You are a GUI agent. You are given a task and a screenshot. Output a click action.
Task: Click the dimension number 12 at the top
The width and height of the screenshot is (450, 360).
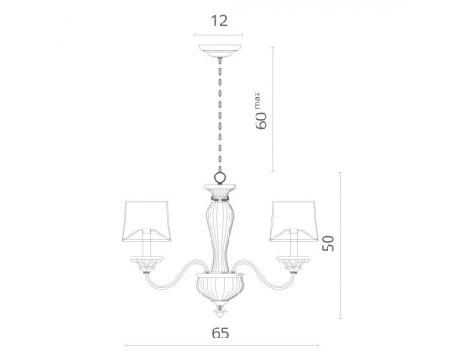[x=220, y=22]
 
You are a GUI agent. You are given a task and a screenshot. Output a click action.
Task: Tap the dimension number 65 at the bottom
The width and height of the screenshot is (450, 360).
[x=220, y=333]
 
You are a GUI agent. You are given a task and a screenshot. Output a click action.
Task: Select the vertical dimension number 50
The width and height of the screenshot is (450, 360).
[x=328, y=243]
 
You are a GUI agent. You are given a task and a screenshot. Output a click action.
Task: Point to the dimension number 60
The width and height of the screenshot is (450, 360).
[x=261, y=121]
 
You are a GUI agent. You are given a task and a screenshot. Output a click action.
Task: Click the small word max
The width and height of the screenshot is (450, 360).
[x=257, y=101]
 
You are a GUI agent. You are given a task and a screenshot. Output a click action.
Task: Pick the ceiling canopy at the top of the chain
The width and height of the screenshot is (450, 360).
[x=220, y=50]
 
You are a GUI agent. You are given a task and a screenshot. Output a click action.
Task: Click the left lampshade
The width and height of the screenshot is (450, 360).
[x=147, y=221]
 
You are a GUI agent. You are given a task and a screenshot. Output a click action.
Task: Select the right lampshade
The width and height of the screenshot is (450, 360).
[x=293, y=221]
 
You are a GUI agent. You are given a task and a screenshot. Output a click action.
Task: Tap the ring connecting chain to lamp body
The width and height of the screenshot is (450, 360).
[x=220, y=178]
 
